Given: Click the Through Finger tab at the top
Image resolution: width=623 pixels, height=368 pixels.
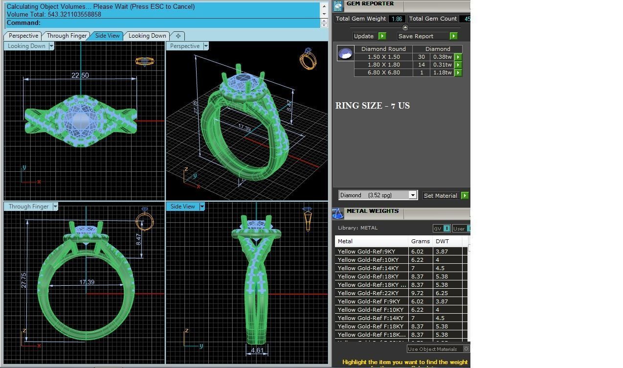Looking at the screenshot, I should (x=67, y=36).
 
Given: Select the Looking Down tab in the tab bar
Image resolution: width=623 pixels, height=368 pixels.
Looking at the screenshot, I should (x=147, y=36).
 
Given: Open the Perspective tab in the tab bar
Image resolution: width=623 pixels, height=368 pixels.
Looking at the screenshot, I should (x=23, y=36).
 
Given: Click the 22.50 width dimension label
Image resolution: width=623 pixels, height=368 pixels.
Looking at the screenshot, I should (x=80, y=75).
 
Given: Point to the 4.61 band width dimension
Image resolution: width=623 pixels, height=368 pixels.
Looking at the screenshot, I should (x=257, y=350).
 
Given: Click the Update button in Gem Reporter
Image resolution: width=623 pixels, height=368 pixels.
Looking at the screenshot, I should (x=364, y=36).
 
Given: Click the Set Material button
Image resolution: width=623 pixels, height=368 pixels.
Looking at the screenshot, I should (x=440, y=196).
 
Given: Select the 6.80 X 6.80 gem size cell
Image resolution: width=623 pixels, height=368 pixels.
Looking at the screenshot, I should (x=383, y=72).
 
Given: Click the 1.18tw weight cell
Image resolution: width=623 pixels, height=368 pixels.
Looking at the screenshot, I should (x=442, y=72).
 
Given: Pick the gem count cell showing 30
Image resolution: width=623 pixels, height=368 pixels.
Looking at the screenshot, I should (x=421, y=57).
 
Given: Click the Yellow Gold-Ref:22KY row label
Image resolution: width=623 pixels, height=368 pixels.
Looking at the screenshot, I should (x=368, y=293).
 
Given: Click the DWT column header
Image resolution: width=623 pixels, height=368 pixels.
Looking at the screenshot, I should (x=442, y=241).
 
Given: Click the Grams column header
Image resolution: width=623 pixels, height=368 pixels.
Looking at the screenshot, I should (x=420, y=241).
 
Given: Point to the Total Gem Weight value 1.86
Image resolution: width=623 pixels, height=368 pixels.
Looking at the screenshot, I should (x=397, y=19).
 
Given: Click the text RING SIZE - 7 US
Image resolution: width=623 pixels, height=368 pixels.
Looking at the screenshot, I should (x=373, y=106).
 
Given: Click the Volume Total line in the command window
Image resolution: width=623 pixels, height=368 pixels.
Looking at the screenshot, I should (x=54, y=15).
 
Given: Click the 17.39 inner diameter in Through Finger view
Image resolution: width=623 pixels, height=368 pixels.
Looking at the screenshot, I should (x=87, y=282).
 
